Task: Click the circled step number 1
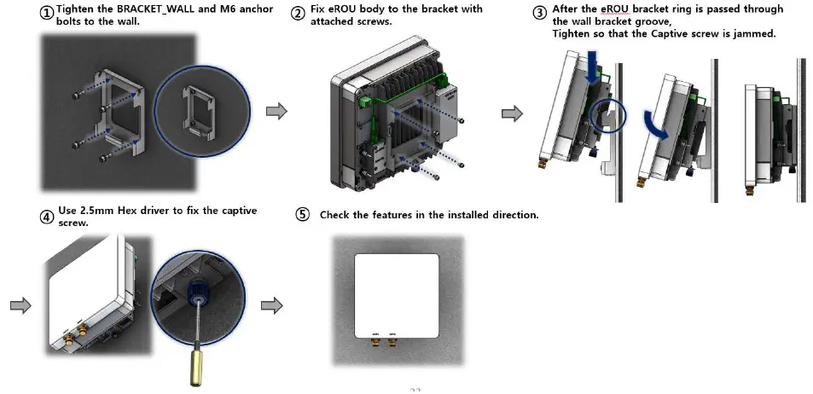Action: (x=48, y=14)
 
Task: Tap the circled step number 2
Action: (x=298, y=14)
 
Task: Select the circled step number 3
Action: (x=539, y=14)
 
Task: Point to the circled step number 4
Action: (x=47, y=217)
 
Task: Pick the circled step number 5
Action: (x=302, y=214)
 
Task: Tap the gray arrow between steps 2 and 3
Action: (x=512, y=113)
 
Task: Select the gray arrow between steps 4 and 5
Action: (x=271, y=305)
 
